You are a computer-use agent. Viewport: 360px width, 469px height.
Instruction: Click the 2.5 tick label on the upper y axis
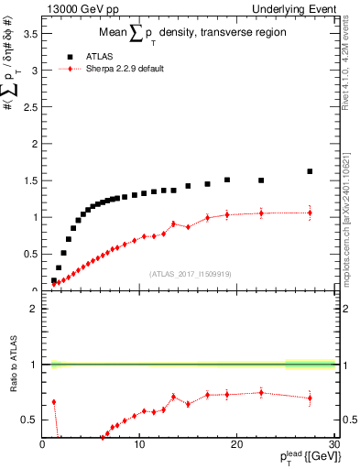(x=30, y=107)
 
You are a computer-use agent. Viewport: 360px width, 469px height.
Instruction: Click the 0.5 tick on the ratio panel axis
(x=30, y=420)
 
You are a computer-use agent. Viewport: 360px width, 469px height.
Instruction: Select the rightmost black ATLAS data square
(x=310, y=171)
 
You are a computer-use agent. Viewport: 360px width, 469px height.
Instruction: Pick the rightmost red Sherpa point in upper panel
(x=310, y=213)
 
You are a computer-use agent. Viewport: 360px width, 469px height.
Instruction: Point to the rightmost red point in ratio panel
(x=310, y=398)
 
